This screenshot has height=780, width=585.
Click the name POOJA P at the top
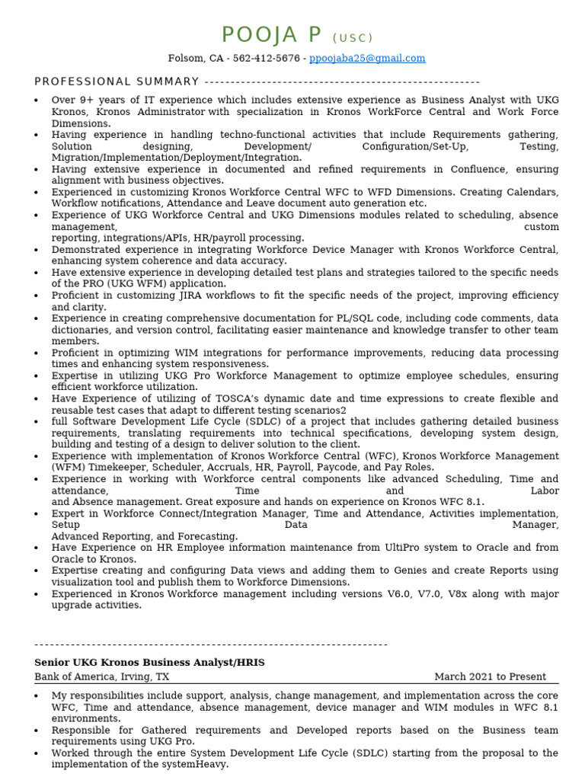pyautogui.click(x=271, y=35)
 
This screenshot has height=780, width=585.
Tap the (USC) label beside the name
pyautogui.click(x=353, y=38)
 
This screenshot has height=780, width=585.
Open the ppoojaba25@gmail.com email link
pyautogui.click(x=367, y=59)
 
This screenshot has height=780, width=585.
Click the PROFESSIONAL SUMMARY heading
pyautogui.click(x=117, y=82)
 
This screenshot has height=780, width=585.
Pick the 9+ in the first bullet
pyautogui.click(x=88, y=100)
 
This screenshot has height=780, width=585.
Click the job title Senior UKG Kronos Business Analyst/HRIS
pyautogui.click(x=149, y=663)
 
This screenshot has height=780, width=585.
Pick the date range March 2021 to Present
pyautogui.click(x=490, y=676)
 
